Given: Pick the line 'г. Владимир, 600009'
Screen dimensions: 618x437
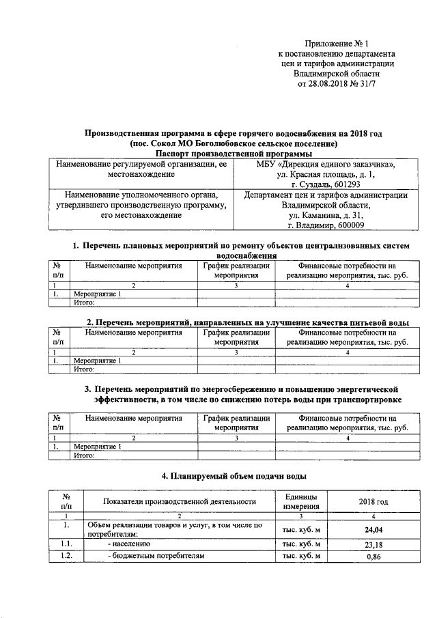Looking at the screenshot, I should coord(326,226).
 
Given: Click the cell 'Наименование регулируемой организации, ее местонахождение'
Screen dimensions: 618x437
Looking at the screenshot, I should coord(141,170).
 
